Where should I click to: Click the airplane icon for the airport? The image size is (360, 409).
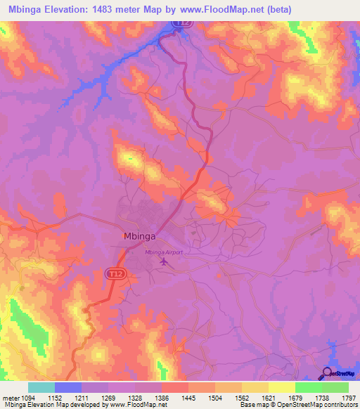coord(165,262)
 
